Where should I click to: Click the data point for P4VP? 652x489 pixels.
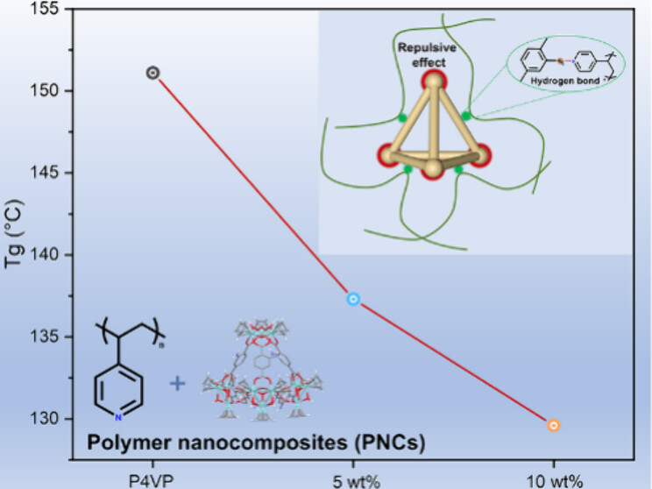152,73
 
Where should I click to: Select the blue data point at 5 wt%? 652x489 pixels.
353,299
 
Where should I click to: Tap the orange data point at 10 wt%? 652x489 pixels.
554,425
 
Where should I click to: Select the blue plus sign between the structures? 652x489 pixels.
178,383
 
